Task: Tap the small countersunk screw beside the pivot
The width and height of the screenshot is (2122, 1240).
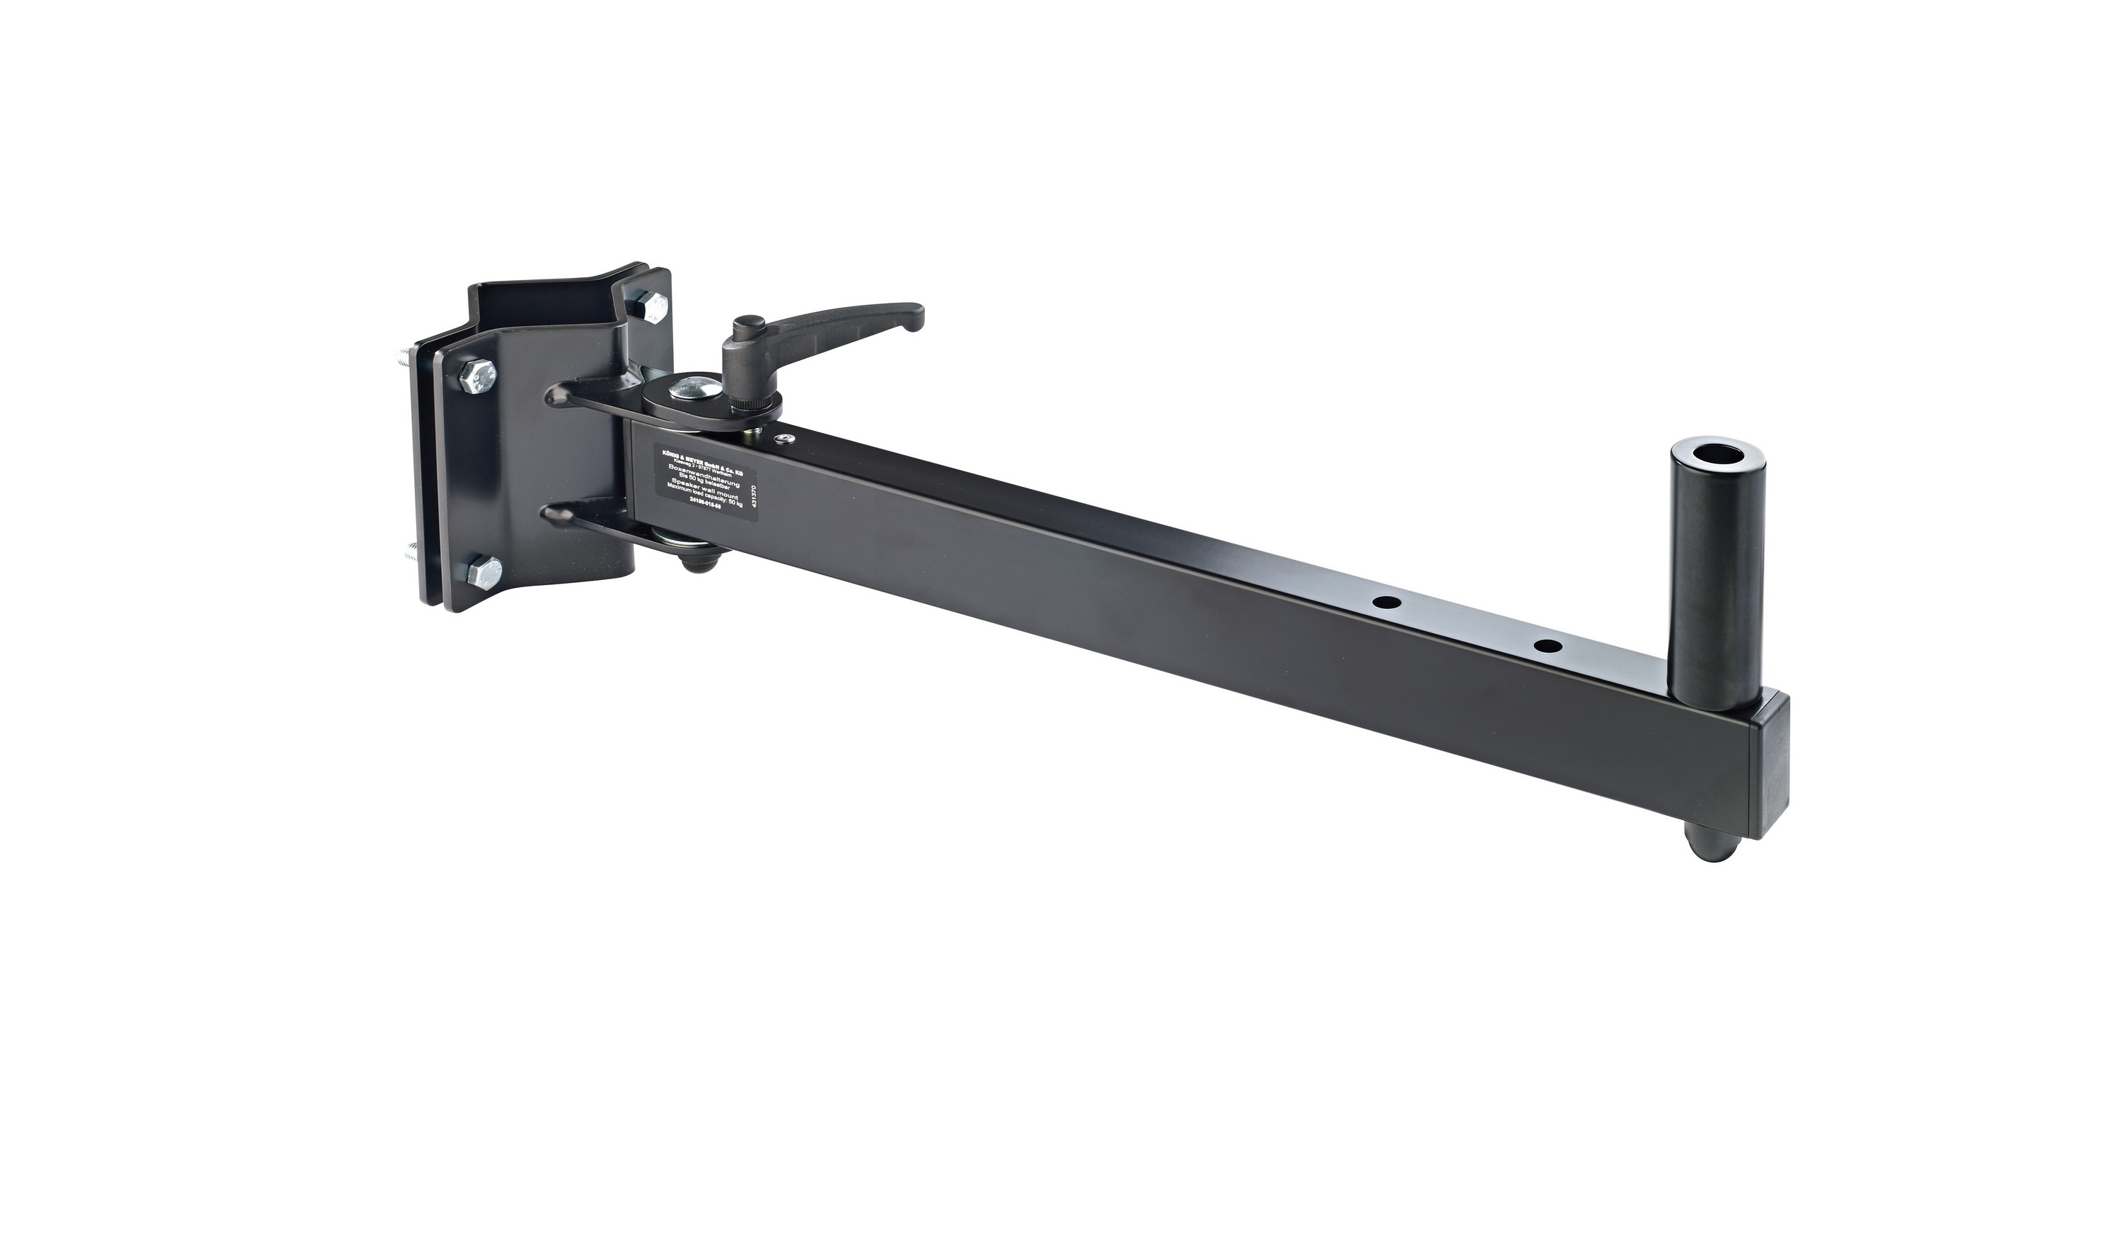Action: click(x=786, y=439)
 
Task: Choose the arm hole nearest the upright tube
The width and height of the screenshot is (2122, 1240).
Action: click(x=1548, y=646)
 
